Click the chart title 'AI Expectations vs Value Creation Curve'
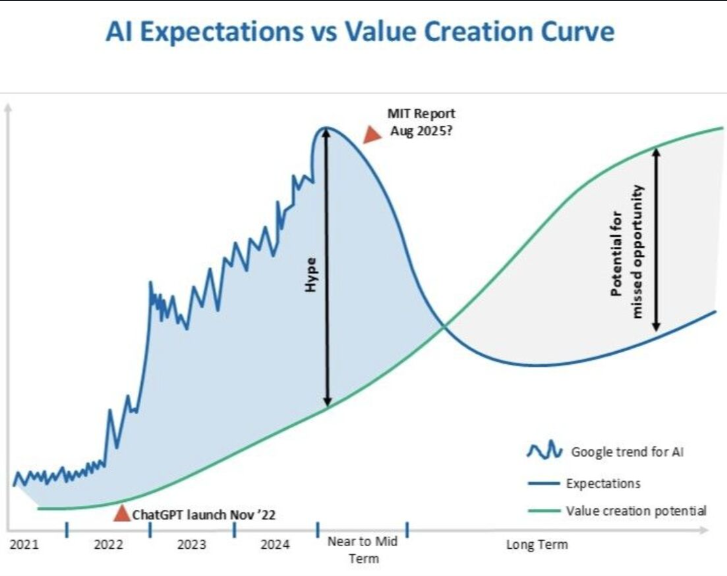click(x=360, y=32)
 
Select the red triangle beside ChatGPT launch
click(x=121, y=514)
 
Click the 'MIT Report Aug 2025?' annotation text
click(x=421, y=122)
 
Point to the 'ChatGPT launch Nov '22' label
click(x=203, y=515)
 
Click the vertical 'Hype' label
click(x=311, y=275)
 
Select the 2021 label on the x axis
click(x=24, y=545)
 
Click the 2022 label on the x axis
click(x=108, y=545)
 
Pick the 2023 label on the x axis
click(x=191, y=545)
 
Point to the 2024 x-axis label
click(x=275, y=545)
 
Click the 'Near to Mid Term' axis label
click(x=363, y=550)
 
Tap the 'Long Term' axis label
click(x=537, y=545)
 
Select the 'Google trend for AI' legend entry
click(x=627, y=452)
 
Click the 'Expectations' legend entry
click(x=603, y=483)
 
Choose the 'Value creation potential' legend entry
click(x=636, y=511)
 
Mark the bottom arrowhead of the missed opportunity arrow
click(x=656, y=326)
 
